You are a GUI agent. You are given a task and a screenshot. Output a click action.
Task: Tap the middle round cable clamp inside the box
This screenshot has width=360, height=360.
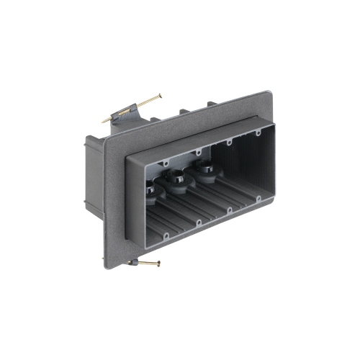point(176,180)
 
